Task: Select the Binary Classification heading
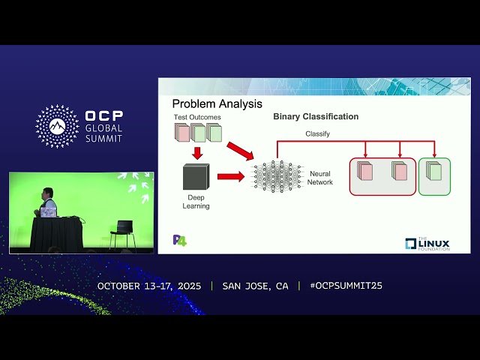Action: (316, 117)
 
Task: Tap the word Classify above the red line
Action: (317, 133)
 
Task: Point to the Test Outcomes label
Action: (196, 117)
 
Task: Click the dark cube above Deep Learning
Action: (196, 177)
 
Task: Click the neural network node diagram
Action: (276, 176)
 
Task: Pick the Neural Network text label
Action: (320, 178)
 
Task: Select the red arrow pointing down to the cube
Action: (196, 152)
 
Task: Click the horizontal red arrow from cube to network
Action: (231, 177)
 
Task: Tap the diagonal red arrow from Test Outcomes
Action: (240, 150)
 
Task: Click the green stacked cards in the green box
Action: (434, 171)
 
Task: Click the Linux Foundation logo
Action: (427, 243)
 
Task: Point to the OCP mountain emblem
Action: (57, 126)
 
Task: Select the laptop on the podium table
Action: (49, 212)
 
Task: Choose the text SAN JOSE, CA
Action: (255, 286)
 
